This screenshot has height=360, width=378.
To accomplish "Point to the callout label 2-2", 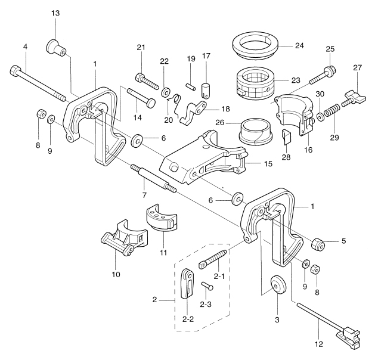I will (188, 319).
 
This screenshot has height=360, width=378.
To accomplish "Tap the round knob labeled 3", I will (277, 284).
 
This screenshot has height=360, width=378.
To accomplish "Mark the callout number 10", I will (116, 274).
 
